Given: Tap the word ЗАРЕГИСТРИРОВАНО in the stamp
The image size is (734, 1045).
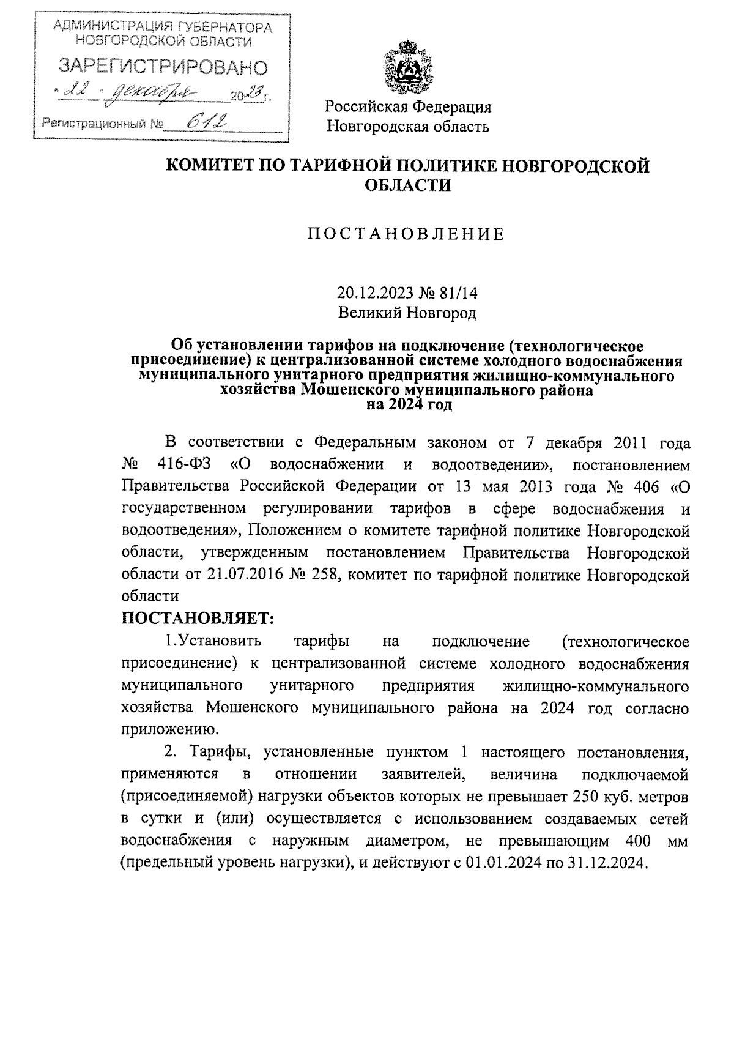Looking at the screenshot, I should [x=162, y=67].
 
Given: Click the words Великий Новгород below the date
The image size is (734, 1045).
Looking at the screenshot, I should [x=407, y=313].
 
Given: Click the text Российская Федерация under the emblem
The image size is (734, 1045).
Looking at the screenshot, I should [x=408, y=107].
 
